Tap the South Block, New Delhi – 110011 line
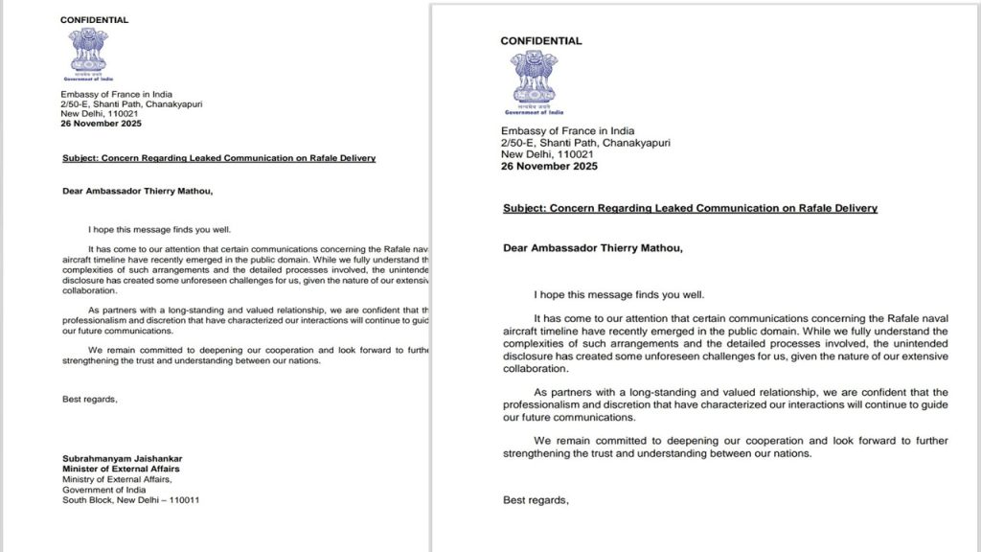tap(131, 500)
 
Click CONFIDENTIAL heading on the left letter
tap(94, 20)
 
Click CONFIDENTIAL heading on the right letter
tap(540, 41)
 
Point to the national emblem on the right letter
tap(534, 82)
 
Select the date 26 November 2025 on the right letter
tap(550, 166)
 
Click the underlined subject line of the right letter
tap(690, 208)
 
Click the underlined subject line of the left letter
tap(218, 158)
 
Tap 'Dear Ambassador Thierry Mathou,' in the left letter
tap(138, 190)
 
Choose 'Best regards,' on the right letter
tap(536, 499)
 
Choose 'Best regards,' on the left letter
tap(90, 399)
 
